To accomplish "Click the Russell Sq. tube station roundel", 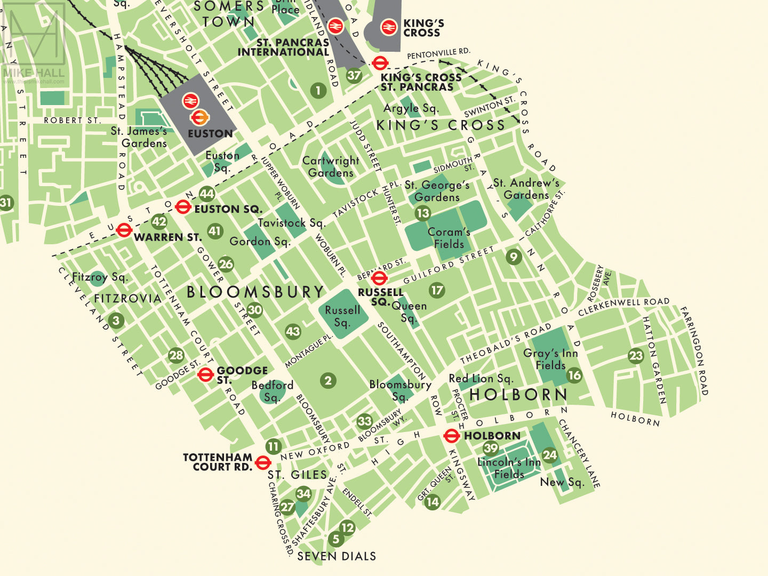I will (379, 278).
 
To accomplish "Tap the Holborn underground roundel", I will (451, 436).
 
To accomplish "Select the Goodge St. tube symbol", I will (205, 375).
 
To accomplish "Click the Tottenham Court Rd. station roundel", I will (262, 462).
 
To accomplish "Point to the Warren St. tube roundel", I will (124, 230).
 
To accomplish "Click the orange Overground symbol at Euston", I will (198, 117).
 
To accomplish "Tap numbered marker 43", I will (293, 331).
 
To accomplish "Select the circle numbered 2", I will (328, 380).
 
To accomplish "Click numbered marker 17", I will (437, 290).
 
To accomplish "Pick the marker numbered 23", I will (636, 356).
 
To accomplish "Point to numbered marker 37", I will (354, 75).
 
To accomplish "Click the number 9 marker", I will (514, 257).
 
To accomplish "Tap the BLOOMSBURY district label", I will (255, 292).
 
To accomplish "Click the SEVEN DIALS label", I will (337, 556).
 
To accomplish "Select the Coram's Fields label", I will (449, 238).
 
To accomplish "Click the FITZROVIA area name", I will (127, 298).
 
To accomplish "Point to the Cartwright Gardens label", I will (331, 166).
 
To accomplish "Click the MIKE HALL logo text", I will (33, 73).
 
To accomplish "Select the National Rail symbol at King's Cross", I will (389, 27).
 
